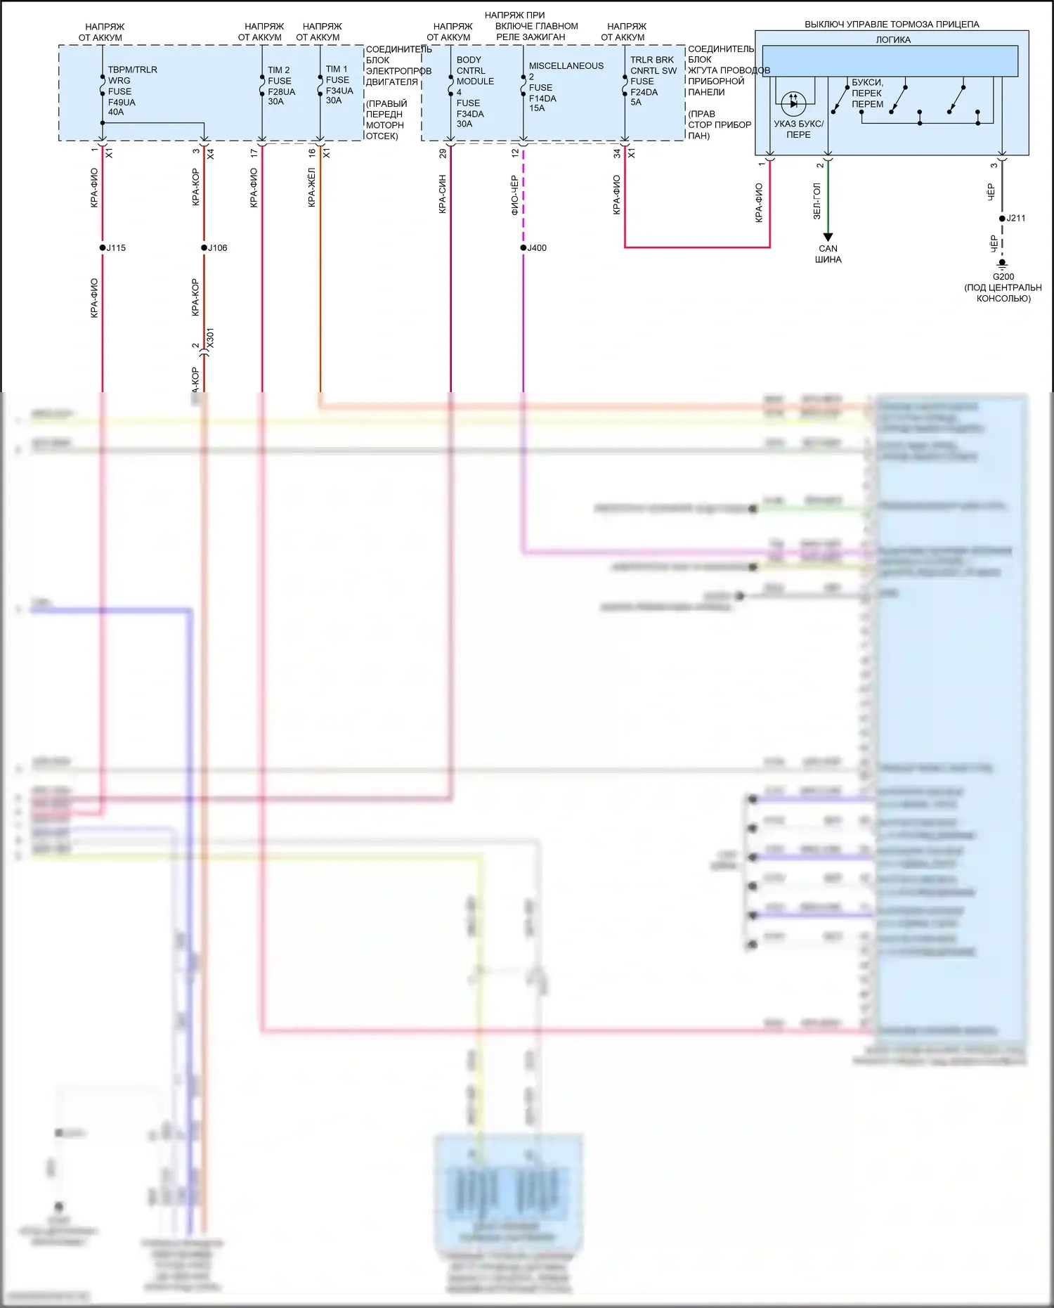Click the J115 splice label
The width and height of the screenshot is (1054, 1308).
(117, 248)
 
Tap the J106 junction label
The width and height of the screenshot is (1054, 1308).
(218, 248)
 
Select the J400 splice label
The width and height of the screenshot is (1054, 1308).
(537, 248)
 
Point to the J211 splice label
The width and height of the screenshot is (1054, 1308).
(1016, 219)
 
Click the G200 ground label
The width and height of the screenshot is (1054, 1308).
(1003, 277)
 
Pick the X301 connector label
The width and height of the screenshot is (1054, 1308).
(210, 338)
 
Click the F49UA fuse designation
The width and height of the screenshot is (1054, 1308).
(122, 102)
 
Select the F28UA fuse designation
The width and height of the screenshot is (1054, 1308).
(281, 91)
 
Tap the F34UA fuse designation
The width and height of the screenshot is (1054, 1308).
(339, 91)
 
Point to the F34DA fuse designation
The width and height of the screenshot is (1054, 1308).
(470, 114)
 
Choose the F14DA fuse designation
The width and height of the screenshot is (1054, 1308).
(542, 98)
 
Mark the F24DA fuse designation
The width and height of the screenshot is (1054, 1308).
(644, 92)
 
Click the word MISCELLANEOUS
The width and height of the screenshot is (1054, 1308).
(566, 66)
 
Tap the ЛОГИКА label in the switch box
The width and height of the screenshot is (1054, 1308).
(892, 40)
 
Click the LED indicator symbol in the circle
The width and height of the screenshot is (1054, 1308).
(793, 103)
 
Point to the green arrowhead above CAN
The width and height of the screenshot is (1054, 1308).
(828, 237)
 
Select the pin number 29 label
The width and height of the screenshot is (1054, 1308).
(443, 153)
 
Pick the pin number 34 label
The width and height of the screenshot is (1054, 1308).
(617, 153)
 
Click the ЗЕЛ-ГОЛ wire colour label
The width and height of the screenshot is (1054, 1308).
(816, 201)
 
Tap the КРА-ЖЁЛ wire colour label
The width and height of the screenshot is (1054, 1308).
(311, 188)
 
